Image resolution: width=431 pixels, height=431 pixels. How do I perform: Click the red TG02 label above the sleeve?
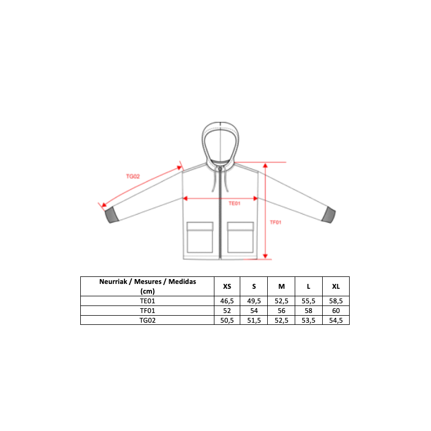pos(133,177)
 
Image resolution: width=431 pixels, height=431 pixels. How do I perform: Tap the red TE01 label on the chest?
pos(234,204)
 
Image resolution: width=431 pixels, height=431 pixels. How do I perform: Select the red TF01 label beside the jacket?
pos(275,223)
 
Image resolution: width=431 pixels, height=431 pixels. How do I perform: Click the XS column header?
pos(227,287)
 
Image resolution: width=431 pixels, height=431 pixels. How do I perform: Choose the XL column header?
pos(336,287)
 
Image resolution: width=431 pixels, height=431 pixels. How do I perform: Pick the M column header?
pos(281,287)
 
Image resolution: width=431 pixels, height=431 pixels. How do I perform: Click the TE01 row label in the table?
pos(148,301)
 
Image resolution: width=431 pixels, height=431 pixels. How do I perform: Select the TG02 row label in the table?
pos(148,320)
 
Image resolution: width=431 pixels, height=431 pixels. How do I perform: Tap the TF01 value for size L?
pos(308,311)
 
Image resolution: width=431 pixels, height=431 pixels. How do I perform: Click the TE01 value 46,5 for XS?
pos(227,301)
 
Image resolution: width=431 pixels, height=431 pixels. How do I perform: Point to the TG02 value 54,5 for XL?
pos(336,320)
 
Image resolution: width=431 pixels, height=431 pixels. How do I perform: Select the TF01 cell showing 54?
pos(254,311)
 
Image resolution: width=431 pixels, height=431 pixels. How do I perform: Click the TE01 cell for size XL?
pos(336,301)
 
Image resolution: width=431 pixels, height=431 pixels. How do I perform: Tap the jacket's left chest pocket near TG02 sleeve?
pos(200,237)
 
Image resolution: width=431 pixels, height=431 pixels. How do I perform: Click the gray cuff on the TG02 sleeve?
pos(112,214)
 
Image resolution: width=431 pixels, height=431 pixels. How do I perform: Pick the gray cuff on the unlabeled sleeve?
pos(329,214)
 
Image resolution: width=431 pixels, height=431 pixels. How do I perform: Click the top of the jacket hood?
pos(220,123)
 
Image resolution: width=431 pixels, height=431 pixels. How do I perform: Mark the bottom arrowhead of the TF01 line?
pos(265,256)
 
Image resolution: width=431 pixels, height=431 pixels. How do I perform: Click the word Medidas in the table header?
pos(182,282)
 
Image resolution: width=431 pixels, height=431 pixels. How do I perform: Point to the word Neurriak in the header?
pos(113,282)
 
